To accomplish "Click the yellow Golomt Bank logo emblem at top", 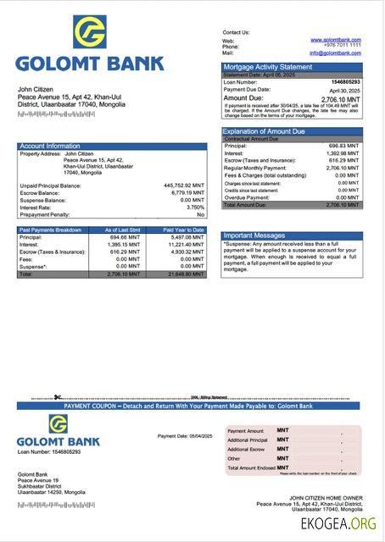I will pos(89,31).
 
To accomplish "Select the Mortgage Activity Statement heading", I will pos(267,66).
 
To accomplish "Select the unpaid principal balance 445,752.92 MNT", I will pos(184,185).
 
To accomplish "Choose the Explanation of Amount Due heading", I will pos(264,131).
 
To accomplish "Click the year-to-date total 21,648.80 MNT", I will pos(185,274).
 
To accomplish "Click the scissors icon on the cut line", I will pos(56,397).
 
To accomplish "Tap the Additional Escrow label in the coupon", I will pos(247,449).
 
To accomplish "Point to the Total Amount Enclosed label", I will pos(250,467).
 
